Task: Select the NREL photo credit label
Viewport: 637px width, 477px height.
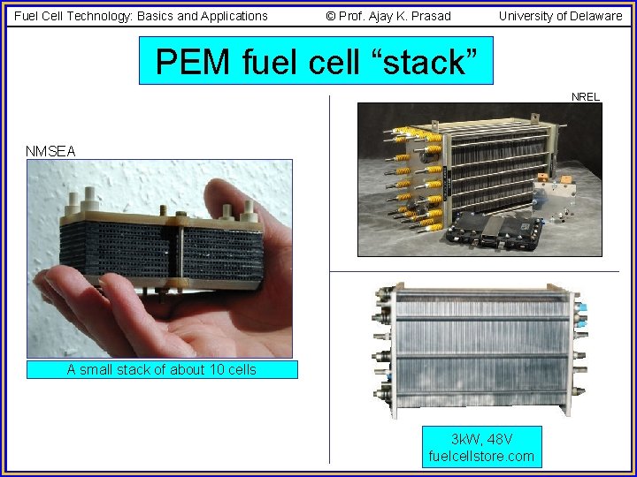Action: [x=586, y=96]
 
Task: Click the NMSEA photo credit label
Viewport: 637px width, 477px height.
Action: [x=50, y=151]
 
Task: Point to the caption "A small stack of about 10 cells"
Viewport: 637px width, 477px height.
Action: [x=162, y=370]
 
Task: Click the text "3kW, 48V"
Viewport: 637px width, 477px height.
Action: [x=481, y=439]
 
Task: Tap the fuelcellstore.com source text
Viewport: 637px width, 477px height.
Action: [x=481, y=456]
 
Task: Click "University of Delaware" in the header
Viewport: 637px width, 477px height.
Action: [x=560, y=16]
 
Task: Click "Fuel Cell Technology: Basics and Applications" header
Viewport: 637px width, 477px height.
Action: [x=141, y=16]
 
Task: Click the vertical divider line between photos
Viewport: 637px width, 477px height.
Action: [x=329, y=353]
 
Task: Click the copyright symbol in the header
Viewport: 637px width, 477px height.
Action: [x=331, y=16]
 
